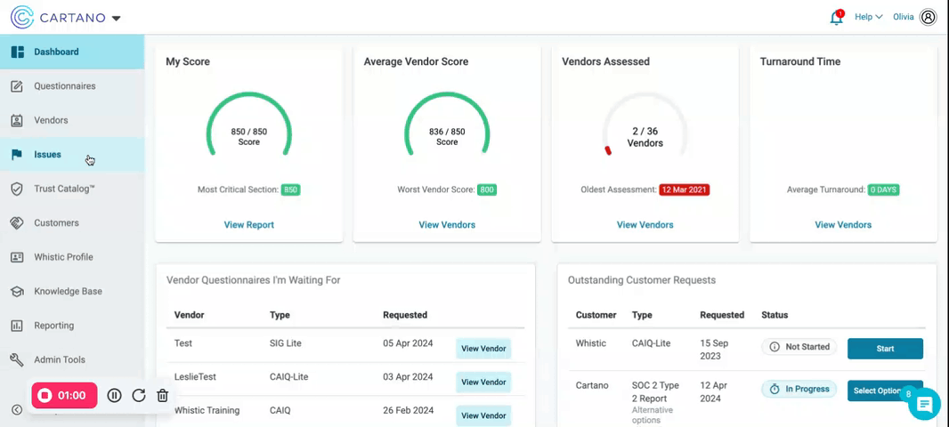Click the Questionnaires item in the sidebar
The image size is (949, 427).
(x=64, y=86)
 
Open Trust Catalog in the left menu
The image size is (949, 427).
(x=64, y=189)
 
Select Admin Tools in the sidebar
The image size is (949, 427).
(x=60, y=359)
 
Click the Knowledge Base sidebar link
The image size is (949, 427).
(x=68, y=291)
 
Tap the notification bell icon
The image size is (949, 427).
(x=836, y=18)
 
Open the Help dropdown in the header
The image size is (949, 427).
(x=868, y=17)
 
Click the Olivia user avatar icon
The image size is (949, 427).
(x=929, y=17)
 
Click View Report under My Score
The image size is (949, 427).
(x=249, y=225)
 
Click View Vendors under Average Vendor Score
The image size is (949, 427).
(x=447, y=225)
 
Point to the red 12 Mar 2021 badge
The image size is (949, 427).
(x=684, y=189)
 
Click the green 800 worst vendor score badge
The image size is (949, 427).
(x=487, y=189)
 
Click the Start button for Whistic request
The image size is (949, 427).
(x=885, y=348)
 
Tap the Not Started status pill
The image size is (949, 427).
(x=799, y=347)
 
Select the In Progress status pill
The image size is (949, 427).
(x=799, y=389)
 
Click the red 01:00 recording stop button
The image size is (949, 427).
(x=64, y=396)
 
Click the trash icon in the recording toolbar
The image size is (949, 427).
(x=162, y=396)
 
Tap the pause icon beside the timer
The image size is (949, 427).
(x=115, y=396)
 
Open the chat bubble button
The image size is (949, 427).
(x=924, y=406)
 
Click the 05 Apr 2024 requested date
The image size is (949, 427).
(x=408, y=343)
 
